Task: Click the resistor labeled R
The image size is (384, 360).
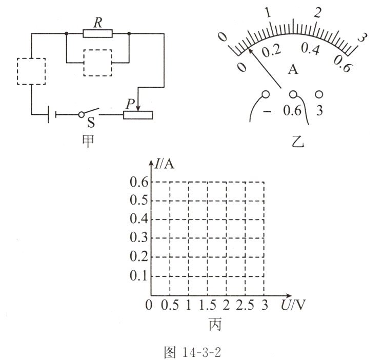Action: tap(98, 33)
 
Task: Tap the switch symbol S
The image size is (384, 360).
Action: tap(89, 113)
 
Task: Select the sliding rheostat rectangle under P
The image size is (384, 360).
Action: tap(138, 115)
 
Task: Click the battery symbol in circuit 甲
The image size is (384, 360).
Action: tap(52, 114)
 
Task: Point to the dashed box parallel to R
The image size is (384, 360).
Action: tap(98, 63)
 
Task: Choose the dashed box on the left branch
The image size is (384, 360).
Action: tap(31, 71)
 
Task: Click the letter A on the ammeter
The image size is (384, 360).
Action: tap(293, 69)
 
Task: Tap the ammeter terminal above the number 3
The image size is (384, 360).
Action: tap(319, 94)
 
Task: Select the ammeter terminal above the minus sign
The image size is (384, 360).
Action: tap(266, 94)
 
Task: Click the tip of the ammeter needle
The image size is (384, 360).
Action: tap(249, 49)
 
